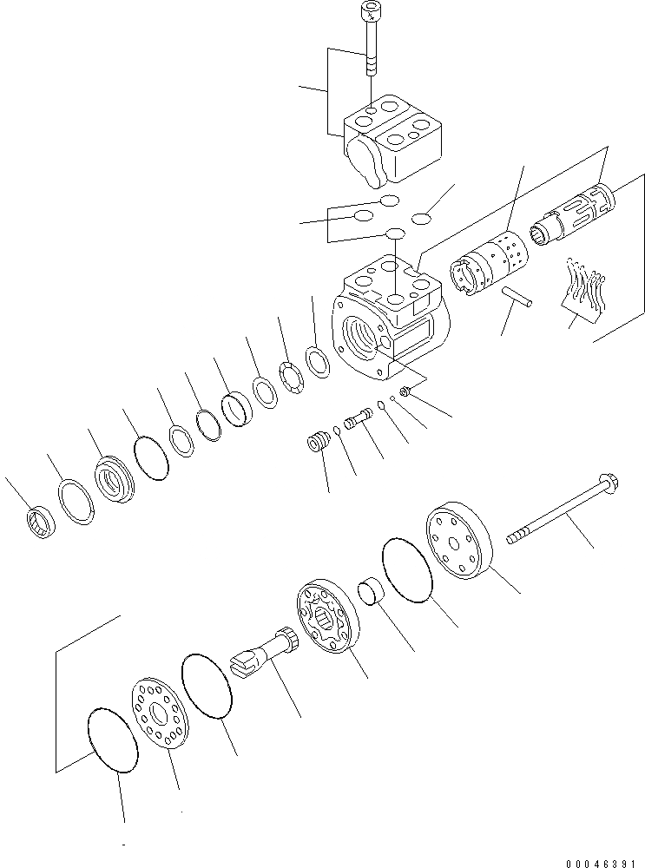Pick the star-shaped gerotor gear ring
click(323, 616)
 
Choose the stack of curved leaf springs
click(587, 286)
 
